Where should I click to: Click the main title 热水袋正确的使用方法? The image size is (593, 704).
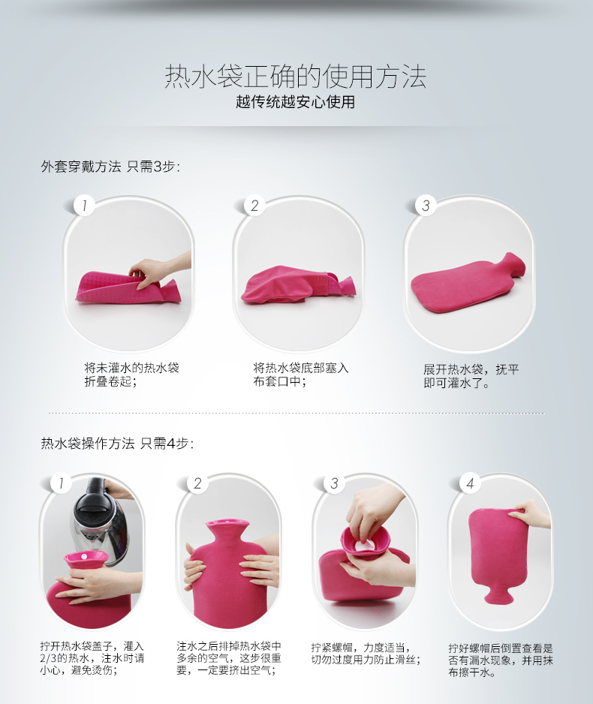point(296,76)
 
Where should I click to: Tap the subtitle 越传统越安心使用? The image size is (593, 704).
point(296,102)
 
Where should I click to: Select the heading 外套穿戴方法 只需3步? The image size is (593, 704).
point(110,167)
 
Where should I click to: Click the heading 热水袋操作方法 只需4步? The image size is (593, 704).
point(117,444)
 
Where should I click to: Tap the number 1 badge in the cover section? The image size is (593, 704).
point(84,206)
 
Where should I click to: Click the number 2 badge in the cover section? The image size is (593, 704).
point(254,206)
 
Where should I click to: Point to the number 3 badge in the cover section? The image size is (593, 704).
point(426,206)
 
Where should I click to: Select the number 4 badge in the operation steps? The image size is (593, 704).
point(470,483)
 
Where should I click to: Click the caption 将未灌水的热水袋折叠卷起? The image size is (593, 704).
point(131,375)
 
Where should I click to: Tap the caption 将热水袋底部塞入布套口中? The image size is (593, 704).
point(301,375)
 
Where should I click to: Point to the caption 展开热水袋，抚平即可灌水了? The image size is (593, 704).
point(471,376)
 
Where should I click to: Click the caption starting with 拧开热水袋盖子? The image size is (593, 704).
point(92,658)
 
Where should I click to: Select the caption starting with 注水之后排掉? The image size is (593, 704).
point(228,658)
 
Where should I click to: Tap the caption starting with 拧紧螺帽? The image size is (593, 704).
point(366,654)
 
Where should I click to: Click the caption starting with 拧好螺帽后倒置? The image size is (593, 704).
point(501,660)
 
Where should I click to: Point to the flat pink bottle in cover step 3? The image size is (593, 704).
point(468,282)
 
